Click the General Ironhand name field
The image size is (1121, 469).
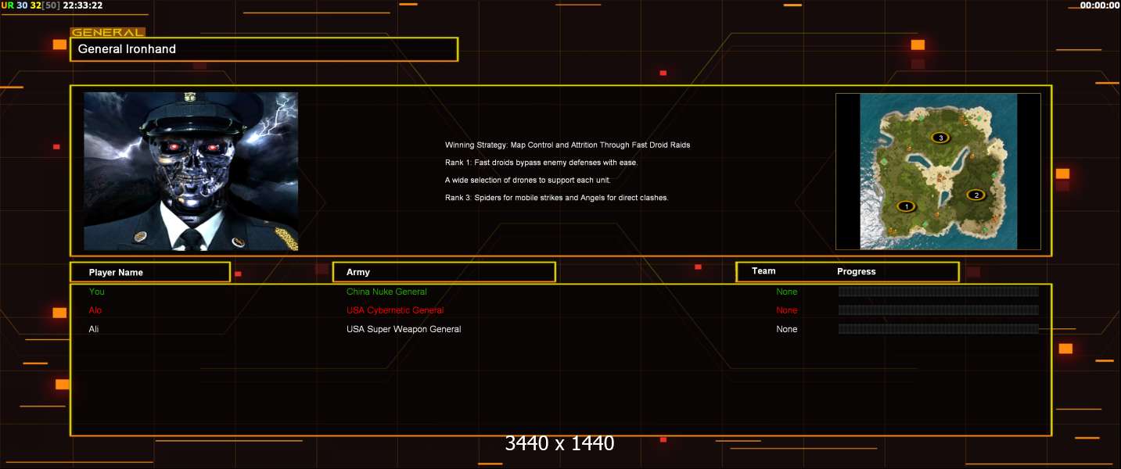tap(264, 49)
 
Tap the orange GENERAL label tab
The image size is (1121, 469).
tap(108, 33)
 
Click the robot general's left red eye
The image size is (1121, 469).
tap(174, 146)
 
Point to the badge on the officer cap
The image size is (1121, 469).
tap(189, 96)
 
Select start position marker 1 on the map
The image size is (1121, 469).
tap(906, 206)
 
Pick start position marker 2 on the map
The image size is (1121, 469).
tap(975, 195)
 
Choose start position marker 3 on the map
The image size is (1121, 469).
tap(940, 138)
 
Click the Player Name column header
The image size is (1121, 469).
tap(116, 273)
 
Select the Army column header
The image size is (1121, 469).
tap(357, 272)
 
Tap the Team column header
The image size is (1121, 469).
tap(764, 271)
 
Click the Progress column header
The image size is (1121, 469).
tap(857, 271)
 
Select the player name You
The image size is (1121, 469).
tap(96, 292)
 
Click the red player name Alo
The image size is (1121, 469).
tap(95, 310)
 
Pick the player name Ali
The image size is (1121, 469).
tap(94, 329)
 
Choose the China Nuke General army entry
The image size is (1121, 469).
tap(386, 292)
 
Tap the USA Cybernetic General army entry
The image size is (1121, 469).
tap(395, 310)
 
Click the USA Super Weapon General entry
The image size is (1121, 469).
tap(404, 329)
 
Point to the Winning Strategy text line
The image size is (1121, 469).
tap(567, 145)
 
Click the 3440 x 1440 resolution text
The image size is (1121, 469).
tap(559, 443)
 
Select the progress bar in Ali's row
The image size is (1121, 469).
tap(938, 329)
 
